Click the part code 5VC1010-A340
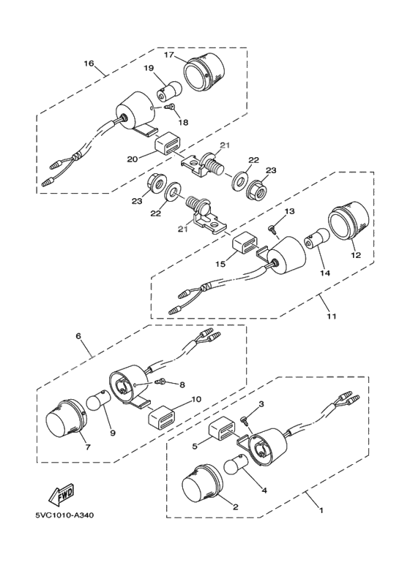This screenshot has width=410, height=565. (64, 516)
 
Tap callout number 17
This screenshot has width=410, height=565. (168, 54)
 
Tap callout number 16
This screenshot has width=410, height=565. (89, 64)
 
